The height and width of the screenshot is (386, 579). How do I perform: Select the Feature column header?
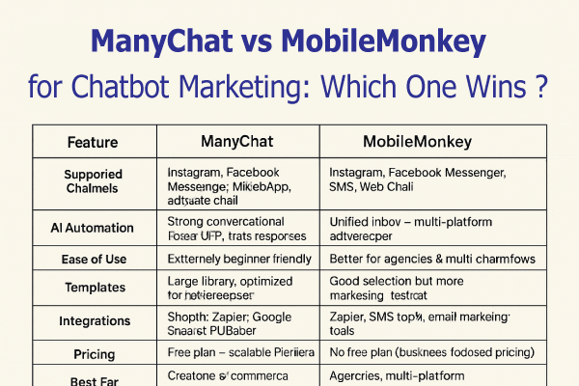pyautogui.click(x=93, y=142)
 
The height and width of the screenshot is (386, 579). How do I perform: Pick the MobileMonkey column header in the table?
pyautogui.click(x=417, y=142)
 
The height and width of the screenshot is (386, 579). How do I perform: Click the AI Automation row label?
pyautogui.click(x=94, y=228)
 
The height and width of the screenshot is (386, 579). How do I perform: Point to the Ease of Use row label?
pyautogui.click(x=94, y=259)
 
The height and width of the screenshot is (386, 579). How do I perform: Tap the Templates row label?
pyautogui.click(x=94, y=288)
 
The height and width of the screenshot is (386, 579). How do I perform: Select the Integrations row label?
pyautogui.click(x=94, y=318)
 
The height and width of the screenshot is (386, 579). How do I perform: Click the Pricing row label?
pyautogui.click(x=94, y=353)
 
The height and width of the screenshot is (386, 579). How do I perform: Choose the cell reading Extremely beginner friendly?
pyautogui.click(x=239, y=259)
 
